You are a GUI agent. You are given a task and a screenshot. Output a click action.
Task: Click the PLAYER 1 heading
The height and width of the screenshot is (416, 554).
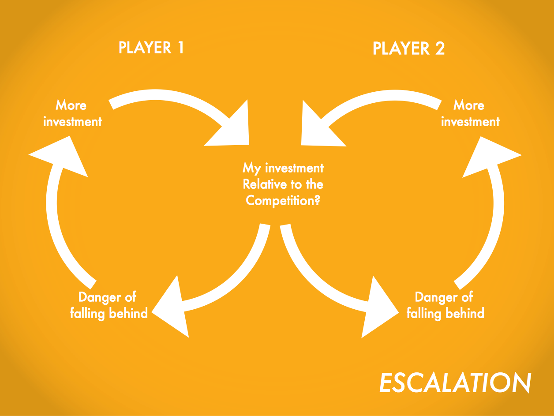[x=151, y=48]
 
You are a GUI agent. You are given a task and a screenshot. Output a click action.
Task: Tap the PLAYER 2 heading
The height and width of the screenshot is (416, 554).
[x=408, y=48]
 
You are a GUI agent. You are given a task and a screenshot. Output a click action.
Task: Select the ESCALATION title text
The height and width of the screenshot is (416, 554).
[x=455, y=382]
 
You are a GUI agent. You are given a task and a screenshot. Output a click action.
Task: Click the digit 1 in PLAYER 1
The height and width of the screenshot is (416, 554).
[x=181, y=48]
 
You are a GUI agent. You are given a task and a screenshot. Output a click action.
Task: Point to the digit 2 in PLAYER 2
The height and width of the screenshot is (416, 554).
[x=440, y=48]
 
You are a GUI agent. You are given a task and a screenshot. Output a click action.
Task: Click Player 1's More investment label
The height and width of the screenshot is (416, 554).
[x=72, y=113]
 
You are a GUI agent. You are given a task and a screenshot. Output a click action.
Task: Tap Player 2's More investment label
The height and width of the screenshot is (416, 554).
[x=470, y=113]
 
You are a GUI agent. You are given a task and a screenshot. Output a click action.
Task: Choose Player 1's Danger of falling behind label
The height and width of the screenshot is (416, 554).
[x=109, y=305]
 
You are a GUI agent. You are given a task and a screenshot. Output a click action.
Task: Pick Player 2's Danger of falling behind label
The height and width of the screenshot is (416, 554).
[x=445, y=305]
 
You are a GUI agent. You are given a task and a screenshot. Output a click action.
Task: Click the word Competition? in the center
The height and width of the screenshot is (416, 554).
[x=283, y=201]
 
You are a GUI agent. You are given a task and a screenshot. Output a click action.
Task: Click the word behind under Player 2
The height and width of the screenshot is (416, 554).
[x=465, y=313]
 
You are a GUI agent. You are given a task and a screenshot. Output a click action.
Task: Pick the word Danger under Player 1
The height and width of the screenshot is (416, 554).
[x=99, y=297]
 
